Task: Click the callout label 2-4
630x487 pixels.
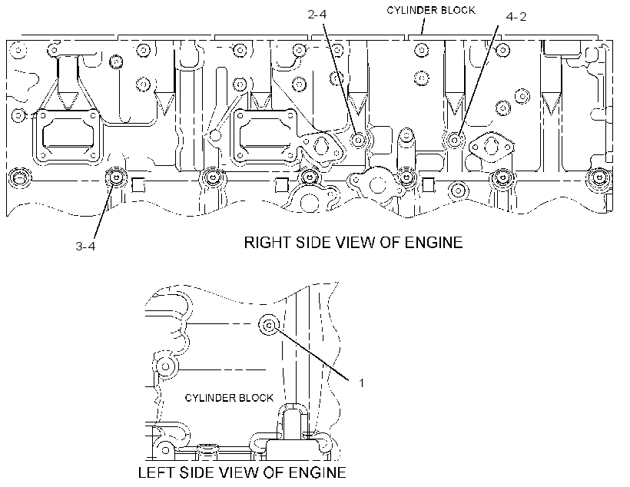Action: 317,15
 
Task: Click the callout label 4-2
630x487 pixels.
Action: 516,17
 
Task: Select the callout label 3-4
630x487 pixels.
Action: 85,246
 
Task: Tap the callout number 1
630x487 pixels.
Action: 361,383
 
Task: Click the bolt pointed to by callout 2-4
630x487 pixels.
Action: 357,140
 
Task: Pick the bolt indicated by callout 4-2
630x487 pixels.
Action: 454,140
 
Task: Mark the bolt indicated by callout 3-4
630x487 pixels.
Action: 116,177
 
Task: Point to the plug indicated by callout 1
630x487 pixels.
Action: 269,324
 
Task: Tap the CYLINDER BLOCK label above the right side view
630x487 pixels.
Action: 431,11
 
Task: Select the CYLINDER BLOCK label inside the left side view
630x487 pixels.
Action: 229,398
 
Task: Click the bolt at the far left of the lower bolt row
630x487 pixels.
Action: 19,177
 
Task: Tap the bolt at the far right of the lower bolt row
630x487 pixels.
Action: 598,177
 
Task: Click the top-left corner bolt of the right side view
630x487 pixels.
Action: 18,51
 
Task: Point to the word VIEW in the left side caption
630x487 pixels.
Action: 238,472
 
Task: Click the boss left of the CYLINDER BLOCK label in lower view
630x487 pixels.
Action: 165,366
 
